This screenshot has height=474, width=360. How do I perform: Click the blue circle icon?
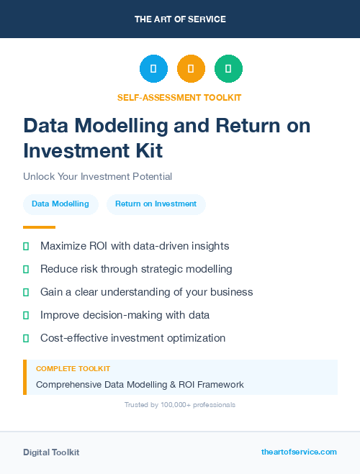coord(153,69)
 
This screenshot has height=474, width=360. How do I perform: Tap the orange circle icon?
coord(191,69)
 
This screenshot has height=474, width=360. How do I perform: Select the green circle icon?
coord(228,69)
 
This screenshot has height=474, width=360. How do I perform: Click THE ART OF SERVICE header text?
coord(180,19)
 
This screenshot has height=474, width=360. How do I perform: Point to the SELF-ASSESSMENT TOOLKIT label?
coord(179,97)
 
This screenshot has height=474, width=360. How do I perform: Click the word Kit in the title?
coord(147,151)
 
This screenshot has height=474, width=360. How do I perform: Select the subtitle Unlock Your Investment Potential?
coord(97,176)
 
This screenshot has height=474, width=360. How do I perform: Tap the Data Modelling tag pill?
coord(60,204)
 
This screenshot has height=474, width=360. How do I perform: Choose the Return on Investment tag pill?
coord(156,204)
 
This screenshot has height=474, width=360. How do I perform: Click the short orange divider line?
coord(39,227)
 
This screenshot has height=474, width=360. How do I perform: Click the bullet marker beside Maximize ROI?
coord(26,246)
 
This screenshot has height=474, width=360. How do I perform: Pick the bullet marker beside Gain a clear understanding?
coord(26,292)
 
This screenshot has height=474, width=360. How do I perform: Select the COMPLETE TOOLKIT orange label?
coord(73,368)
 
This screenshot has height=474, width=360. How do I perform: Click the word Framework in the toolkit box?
coord(220,385)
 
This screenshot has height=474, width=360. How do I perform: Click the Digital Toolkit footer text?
coord(51,452)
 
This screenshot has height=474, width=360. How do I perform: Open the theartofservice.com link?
coord(299,452)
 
